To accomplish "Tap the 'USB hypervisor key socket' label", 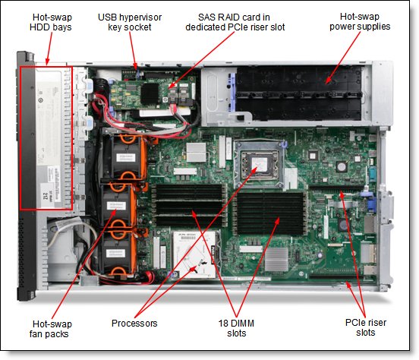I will click(x=130, y=22).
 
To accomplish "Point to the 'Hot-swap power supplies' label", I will click(x=361, y=22).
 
